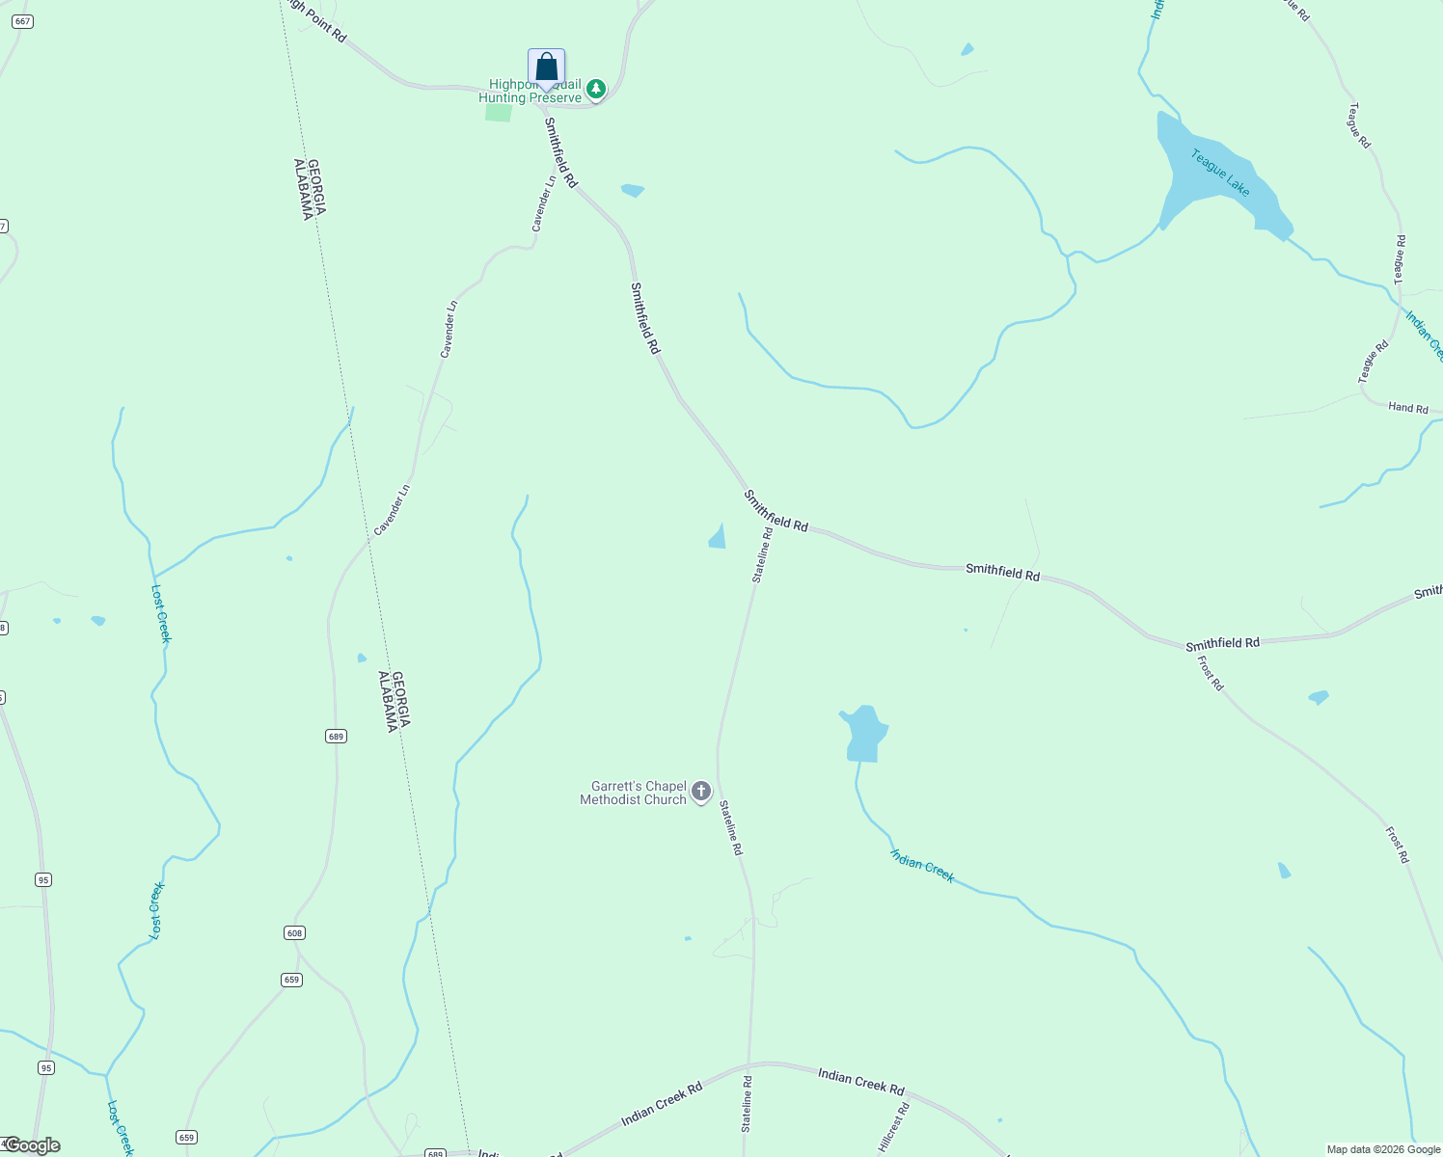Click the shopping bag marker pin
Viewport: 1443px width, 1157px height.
[x=546, y=67]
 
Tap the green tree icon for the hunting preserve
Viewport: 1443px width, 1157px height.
[x=596, y=90]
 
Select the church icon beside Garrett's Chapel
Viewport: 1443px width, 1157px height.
[x=701, y=793]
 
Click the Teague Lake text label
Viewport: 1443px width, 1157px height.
[x=1220, y=173]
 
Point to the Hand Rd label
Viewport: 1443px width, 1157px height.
[x=1407, y=408]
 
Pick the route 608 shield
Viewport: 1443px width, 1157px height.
[x=294, y=932]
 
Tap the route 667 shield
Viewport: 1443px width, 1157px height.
[x=22, y=21]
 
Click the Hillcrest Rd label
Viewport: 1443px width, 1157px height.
[x=893, y=1126]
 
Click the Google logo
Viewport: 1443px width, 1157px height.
[x=33, y=1145]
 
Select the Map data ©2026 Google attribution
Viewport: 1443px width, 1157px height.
[x=1382, y=1149]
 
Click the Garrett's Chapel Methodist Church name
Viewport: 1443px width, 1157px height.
[x=633, y=793]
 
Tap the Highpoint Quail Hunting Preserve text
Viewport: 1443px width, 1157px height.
[x=531, y=92]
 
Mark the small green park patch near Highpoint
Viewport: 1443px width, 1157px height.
[x=498, y=112]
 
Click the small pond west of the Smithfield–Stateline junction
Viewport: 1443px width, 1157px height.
[x=718, y=537]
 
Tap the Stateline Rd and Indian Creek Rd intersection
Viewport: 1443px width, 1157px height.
[x=749, y=1065]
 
